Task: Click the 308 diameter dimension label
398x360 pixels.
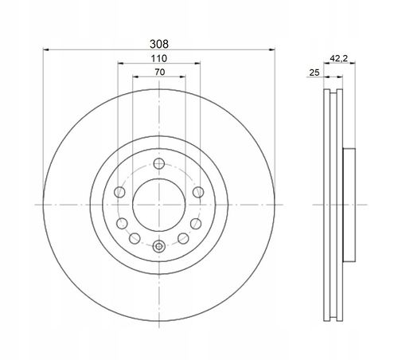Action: point(159,44)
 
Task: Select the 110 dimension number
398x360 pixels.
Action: point(159,58)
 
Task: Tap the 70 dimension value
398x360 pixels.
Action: point(160,72)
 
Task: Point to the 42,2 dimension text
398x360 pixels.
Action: point(338,58)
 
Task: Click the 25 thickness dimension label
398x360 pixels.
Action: point(314,72)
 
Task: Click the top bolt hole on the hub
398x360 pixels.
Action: point(159,163)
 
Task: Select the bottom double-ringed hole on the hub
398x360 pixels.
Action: point(159,246)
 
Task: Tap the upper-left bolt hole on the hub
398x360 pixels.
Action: point(119,192)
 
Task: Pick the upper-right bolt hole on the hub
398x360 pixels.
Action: point(198,192)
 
